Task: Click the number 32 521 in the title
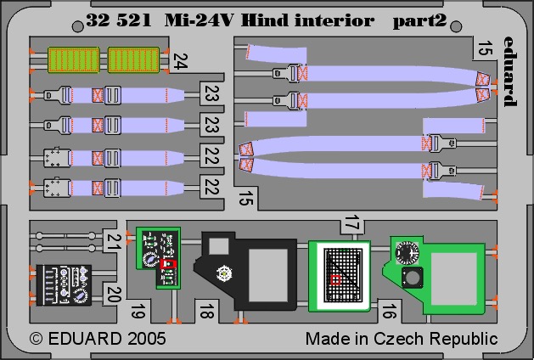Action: [x=119, y=20]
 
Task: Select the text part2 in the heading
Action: [x=419, y=21]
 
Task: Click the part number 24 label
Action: [x=180, y=61]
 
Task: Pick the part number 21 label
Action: [x=112, y=242]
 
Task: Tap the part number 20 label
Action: [x=113, y=295]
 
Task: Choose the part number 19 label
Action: [x=138, y=312]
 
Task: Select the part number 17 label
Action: [x=352, y=223]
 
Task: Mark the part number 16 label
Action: [x=389, y=312]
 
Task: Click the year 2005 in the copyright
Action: [x=147, y=339]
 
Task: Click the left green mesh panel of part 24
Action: [x=74, y=60]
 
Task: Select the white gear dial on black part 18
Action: [x=224, y=273]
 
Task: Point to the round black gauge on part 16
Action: [x=407, y=252]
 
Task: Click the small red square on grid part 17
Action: [x=336, y=279]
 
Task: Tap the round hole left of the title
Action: [x=77, y=26]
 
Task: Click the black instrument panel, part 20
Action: [x=64, y=285]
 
